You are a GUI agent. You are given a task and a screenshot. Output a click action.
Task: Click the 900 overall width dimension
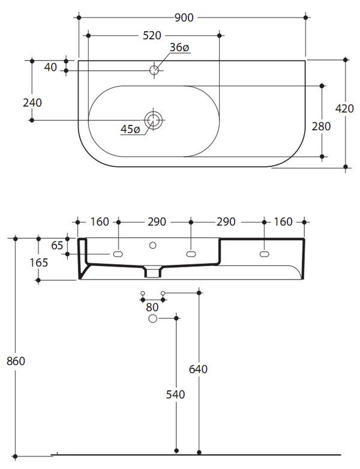pyautogui.click(x=184, y=18)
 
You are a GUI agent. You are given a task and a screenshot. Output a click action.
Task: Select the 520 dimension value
pyautogui.click(x=152, y=35)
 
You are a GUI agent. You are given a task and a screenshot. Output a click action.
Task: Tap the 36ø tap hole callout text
pyautogui.click(x=179, y=48)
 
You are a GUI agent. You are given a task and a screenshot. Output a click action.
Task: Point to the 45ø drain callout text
pyautogui.click(x=130, y=129)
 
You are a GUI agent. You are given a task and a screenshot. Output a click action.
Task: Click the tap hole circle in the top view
pyautogui.click(x=154, y=70)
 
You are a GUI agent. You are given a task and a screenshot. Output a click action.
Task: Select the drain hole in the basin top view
pyautogui.click(x=154, y=120)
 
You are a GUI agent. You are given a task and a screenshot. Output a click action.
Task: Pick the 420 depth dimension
pyautogui.click(x=344, y=109)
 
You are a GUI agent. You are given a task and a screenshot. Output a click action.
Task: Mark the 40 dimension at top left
pyautogui.click(x=50, y=67)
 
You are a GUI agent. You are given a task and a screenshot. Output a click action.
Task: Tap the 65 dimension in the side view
pyautogui.click(x=57, y=245)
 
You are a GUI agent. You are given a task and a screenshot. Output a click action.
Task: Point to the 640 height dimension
pyautogui.click(x=199, y=369)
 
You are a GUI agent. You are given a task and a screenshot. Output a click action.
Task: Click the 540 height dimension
pyautogui.click(x=176, y=395)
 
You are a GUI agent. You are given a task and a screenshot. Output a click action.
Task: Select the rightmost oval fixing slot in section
pyautogui.click(x=264, y=255)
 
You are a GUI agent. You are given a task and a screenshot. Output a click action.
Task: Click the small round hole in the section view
pyautogui.click(x=152, y=245)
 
